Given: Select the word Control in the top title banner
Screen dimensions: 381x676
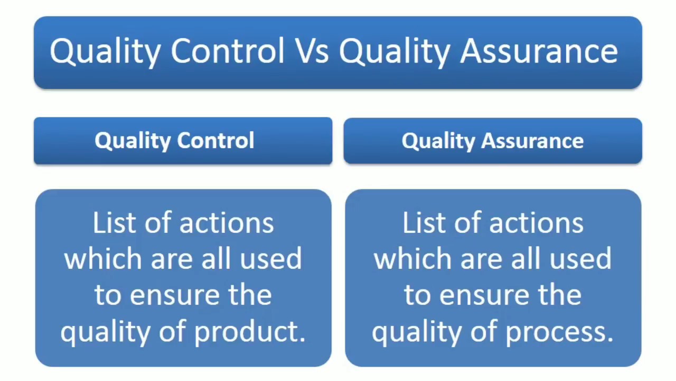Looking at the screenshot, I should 228,51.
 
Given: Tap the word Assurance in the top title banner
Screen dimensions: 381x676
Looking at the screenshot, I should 539,51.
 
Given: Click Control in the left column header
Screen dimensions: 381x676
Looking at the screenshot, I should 215,141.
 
